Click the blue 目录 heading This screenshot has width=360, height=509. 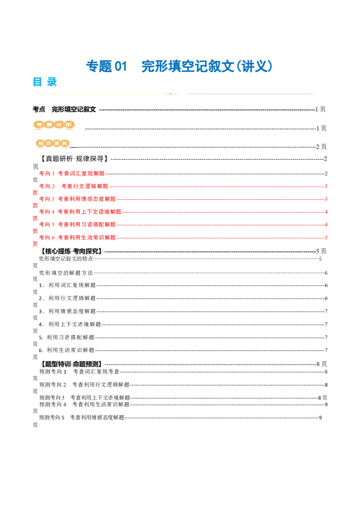tap(45, 81)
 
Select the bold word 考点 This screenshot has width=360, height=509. tap(39, 109)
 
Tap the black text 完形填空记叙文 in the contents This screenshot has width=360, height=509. tap(74, 109)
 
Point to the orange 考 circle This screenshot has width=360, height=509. tap(40, 125)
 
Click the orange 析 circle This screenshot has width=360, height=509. tap(68, 125)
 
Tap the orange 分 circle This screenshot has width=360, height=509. tap(59, 125)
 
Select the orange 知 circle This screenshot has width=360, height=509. tap(41, 143)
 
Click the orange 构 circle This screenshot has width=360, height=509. tap(65, 143)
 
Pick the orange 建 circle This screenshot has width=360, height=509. tap(57, 143)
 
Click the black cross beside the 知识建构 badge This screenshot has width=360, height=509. tap(73, 146)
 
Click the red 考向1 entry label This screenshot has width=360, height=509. tap(45, 173)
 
